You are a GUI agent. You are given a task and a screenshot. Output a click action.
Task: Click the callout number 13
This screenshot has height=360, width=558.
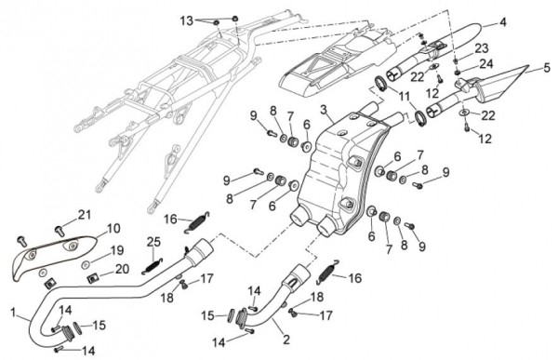coord(186,20)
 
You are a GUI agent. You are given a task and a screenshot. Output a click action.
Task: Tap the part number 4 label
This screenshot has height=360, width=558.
coord(502,22)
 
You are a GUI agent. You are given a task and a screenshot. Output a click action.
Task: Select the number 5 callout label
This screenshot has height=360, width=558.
coord(547,67)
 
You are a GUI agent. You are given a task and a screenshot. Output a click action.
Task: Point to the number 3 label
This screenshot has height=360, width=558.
coord(323,110)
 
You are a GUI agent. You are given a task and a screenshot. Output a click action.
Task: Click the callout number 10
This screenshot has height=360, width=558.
coord(113,228)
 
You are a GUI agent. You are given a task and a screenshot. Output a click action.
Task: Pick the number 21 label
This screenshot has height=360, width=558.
coord(85,215)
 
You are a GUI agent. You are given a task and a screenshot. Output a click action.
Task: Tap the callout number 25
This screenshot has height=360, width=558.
coord(153,242)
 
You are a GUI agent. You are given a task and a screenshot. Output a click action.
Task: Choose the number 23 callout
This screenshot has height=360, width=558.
coord(482,47)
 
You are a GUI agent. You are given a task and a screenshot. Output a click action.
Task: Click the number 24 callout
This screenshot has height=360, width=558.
coord(486,64)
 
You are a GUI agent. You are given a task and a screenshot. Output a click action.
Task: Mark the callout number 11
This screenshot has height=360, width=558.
coord(404,96)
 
